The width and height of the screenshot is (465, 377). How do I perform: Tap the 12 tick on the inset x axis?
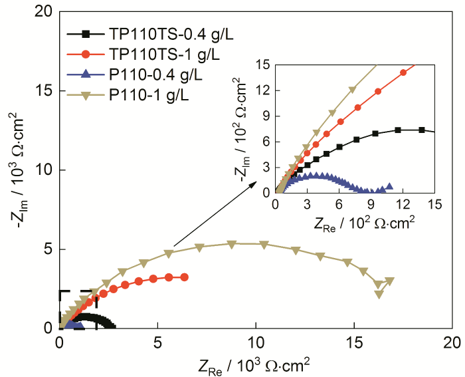click(x=403, y=205)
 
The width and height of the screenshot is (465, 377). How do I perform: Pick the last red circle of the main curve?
click(x=184, y=277)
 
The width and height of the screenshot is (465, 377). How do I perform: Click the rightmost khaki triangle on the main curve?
click(x=389, y=281)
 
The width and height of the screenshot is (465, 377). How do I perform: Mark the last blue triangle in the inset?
click(x=389, y=186)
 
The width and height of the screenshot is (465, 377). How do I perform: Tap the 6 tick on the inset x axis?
click(x=339, y=205)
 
